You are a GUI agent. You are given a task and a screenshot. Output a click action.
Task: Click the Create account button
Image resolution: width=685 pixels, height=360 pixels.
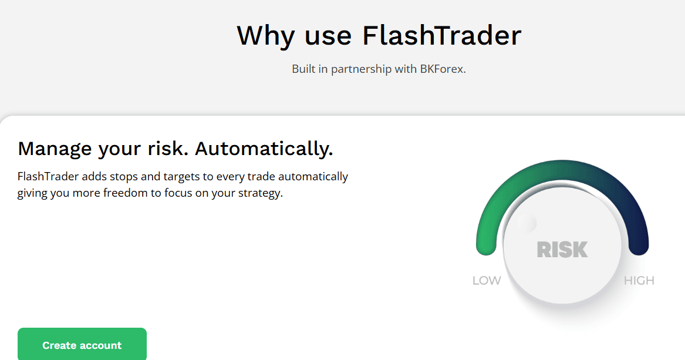click(x=82, y=345)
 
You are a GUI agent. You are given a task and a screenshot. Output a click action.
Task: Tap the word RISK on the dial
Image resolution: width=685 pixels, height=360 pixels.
click(x=562, y=250)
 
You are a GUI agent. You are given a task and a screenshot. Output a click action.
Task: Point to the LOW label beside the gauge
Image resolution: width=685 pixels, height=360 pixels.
click(x=487, y=281)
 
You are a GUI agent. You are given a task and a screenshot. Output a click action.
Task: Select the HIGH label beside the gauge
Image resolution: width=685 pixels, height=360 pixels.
click(x=639, y=281)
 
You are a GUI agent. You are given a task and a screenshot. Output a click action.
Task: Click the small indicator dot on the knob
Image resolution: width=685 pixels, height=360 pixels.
click(x=527, y=223)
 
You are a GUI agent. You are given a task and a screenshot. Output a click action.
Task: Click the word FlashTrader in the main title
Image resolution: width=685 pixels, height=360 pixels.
click(x=441, y=35)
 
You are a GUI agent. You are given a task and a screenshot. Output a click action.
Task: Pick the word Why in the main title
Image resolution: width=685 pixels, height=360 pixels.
click(x=266, y=35)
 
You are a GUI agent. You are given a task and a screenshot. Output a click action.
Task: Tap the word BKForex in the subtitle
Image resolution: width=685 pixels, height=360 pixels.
click(x=442, y=69)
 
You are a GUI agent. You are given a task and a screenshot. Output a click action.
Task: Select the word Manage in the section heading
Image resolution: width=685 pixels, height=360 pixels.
click(x=55, y=149)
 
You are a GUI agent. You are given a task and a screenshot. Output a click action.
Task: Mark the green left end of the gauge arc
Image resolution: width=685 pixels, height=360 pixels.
click(x=487, y=247)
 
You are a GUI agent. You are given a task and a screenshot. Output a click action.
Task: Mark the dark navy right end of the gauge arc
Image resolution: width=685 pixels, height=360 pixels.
click(x=639, y=247)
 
